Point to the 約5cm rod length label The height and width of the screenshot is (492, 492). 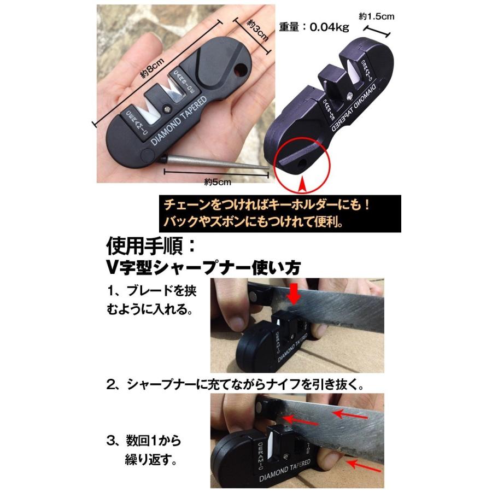click(216, 181)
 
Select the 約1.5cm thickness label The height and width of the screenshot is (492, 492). click(377, 17)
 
